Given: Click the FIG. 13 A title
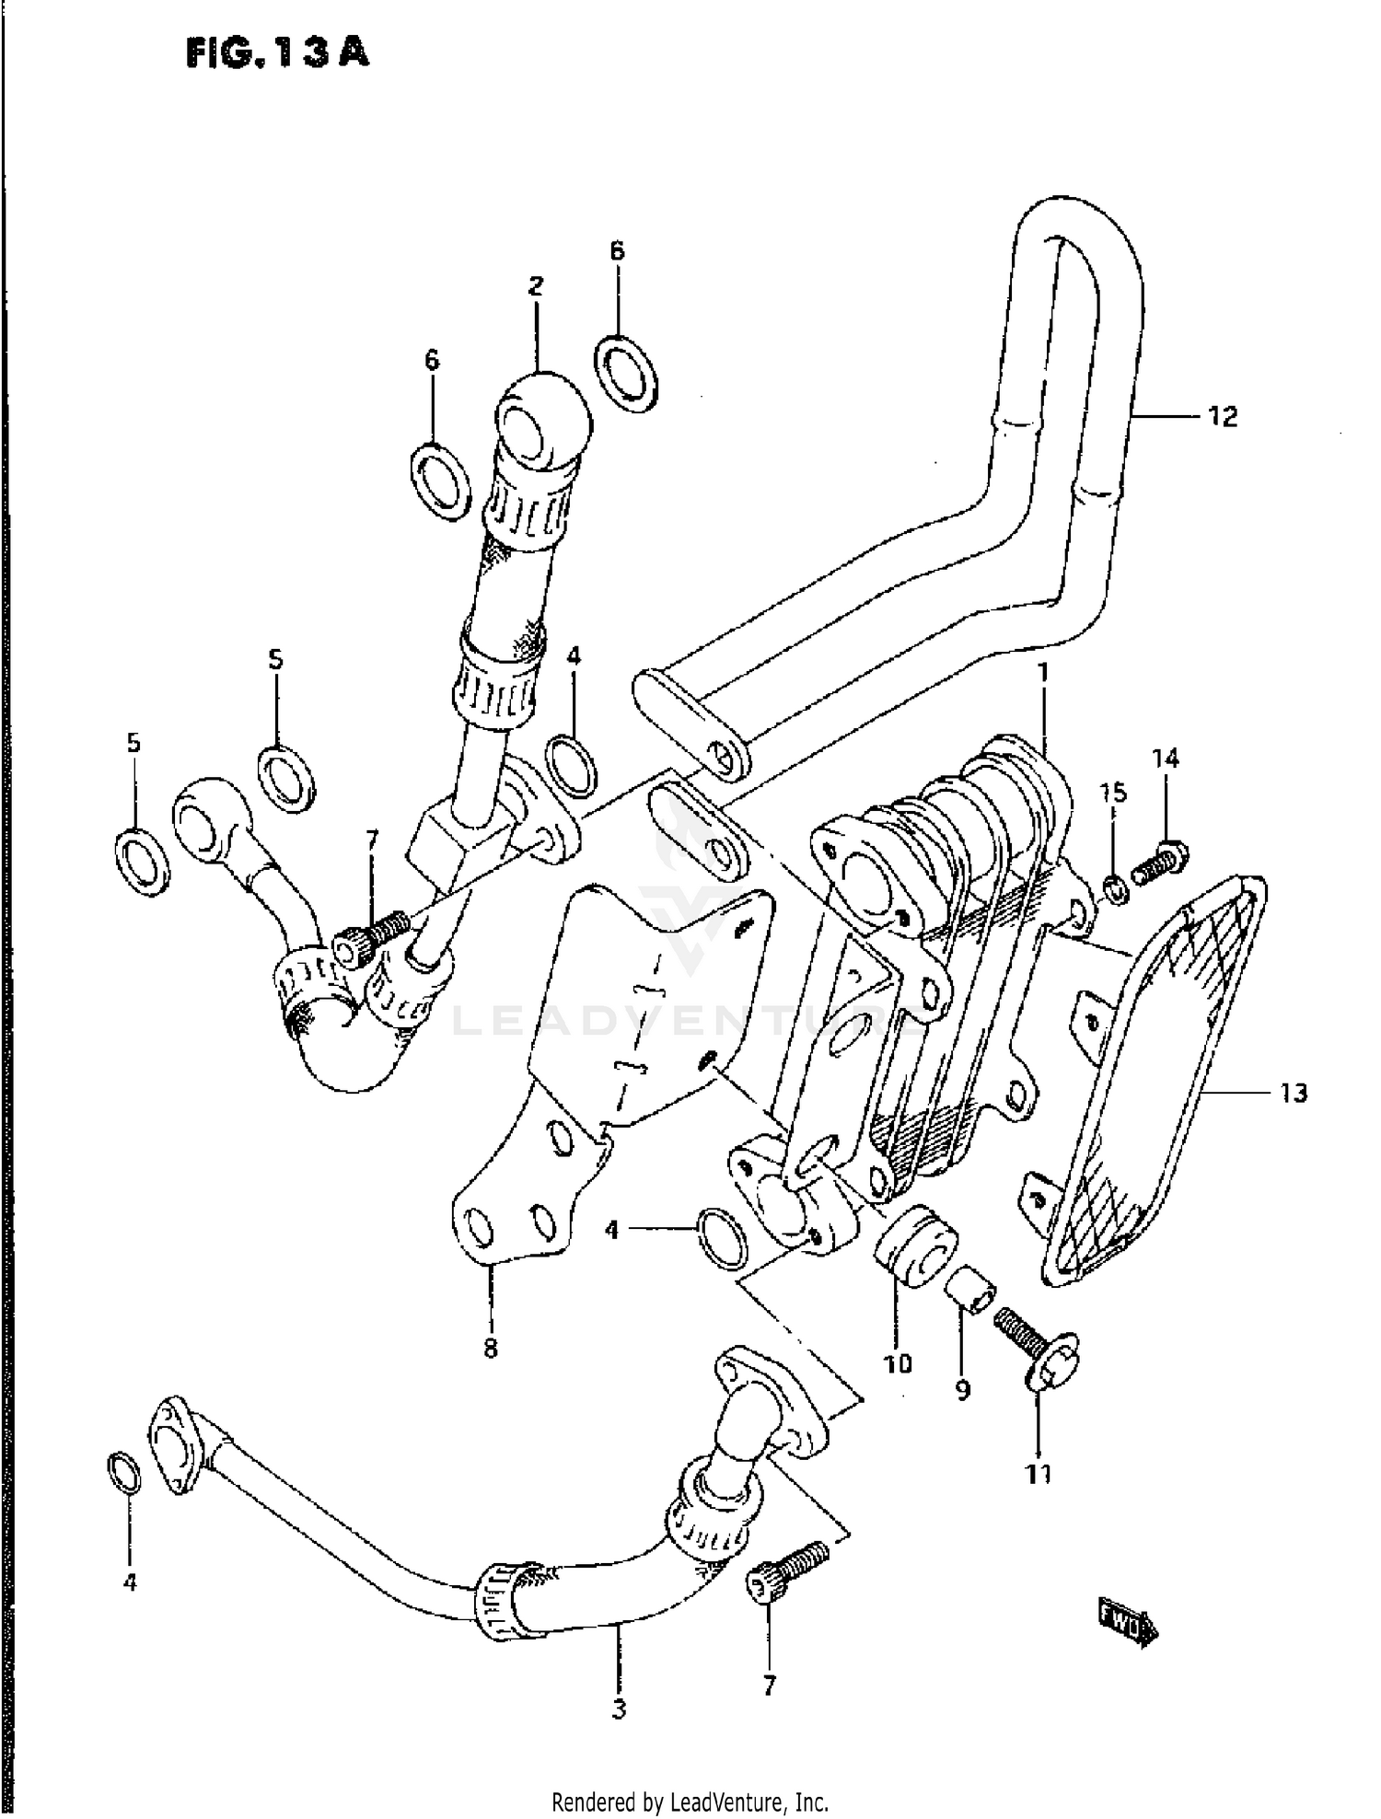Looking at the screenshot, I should click(x=277, y=52).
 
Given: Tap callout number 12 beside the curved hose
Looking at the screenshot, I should click(x=1222, y=417).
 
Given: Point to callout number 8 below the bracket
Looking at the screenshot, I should click(x=490, y=1349).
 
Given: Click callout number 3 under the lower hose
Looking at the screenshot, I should click(x=619, y=1710).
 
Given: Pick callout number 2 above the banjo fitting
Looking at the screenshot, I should click(x=536, y=285).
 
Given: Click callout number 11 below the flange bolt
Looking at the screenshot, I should click(x=1039, y=1474).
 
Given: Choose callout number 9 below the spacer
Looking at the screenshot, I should click(x=963, y=1390).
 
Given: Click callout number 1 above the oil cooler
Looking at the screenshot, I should click(x=1043, y=673).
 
